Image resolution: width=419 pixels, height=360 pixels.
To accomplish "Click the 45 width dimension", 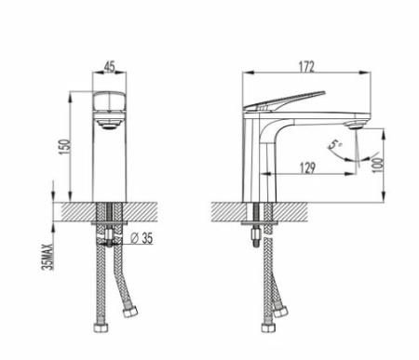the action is point(110,66).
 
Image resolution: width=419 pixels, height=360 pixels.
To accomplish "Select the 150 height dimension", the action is point(66,149).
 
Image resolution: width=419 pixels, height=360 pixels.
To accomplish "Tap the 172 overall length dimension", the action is point(306,67).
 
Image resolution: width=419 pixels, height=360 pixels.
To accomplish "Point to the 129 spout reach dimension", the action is point(307,167).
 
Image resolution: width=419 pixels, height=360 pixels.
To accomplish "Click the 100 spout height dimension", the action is point(378,166).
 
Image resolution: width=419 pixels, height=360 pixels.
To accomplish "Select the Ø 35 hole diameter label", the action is point(142,238).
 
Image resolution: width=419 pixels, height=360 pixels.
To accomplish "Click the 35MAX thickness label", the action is point(49,257).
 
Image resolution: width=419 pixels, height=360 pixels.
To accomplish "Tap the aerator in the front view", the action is point(110,125).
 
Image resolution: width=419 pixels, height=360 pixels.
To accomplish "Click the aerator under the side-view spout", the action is point(355,126).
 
